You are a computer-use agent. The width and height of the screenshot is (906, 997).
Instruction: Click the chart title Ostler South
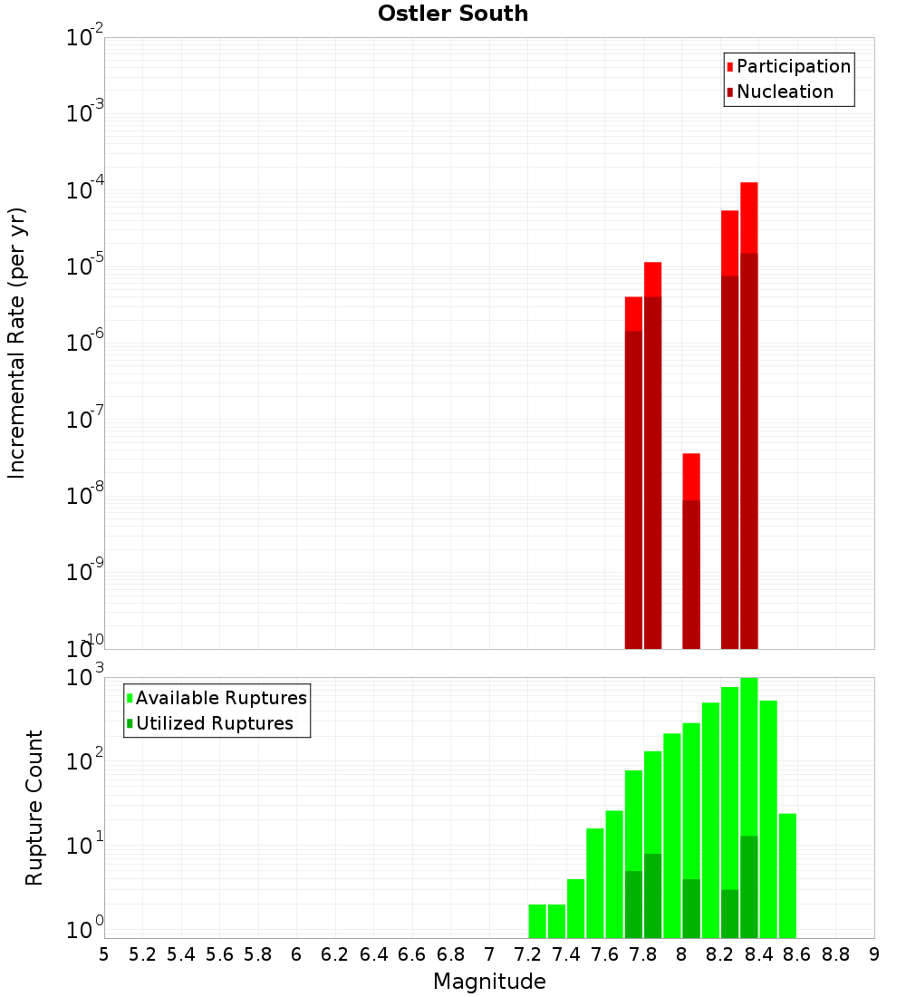tap(453, 14)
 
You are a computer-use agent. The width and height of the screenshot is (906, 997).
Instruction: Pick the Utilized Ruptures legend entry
tap(214, 723)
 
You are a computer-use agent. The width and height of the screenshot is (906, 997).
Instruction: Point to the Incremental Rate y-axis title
tap(17, 344)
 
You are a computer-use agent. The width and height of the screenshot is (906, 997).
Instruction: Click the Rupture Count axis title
tap(34, 808)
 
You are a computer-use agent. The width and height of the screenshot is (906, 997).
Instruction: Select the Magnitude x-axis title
tap(489, 982)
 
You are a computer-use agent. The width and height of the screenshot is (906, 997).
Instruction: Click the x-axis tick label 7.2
tap(528, 954)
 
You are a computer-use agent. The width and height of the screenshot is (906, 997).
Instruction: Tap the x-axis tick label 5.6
tap(219, 954)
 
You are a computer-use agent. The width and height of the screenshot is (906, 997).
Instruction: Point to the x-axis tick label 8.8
tap(836, 954)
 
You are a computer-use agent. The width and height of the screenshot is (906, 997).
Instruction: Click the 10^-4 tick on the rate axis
tap(83, 191)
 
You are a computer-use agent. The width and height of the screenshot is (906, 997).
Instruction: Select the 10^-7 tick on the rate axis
tap(83, 421)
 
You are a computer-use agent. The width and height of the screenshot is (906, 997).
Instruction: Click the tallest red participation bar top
tap(748, 185)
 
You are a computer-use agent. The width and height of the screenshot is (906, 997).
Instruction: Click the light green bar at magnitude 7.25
tap(537, 920)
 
